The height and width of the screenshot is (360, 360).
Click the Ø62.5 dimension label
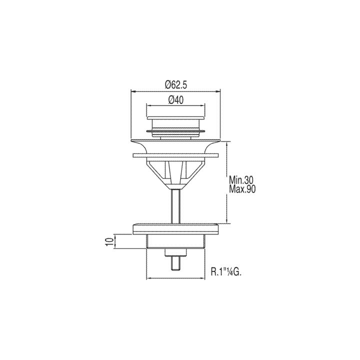pos(176,85)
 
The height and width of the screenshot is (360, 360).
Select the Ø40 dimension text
pos(176,100)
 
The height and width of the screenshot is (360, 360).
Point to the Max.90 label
pos(242,189)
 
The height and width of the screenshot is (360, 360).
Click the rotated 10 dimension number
pos(110,242)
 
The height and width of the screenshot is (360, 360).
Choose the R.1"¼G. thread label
pos(226,272)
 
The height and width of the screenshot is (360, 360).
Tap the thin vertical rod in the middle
pos(176,206)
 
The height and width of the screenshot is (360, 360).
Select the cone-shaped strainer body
pos(175,173)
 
